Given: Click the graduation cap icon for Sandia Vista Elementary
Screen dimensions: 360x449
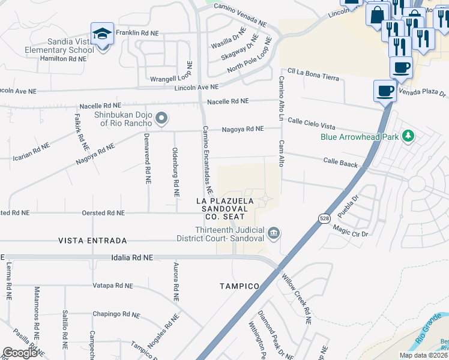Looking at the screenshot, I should click(x=102, y=34).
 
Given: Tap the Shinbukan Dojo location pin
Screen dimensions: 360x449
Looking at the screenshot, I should click(x=161, y=118).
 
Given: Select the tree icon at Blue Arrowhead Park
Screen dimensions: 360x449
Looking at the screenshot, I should click(x=408, y=136).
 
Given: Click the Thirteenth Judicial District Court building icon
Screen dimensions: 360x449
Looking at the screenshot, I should click(x=273, y=232).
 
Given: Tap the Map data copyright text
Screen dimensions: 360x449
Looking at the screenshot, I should click(x=423, y=355).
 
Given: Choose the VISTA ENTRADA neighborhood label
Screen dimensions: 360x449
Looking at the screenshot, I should click(x=92, y=241).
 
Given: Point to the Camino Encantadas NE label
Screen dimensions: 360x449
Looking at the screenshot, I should click(x=207, y=159).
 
